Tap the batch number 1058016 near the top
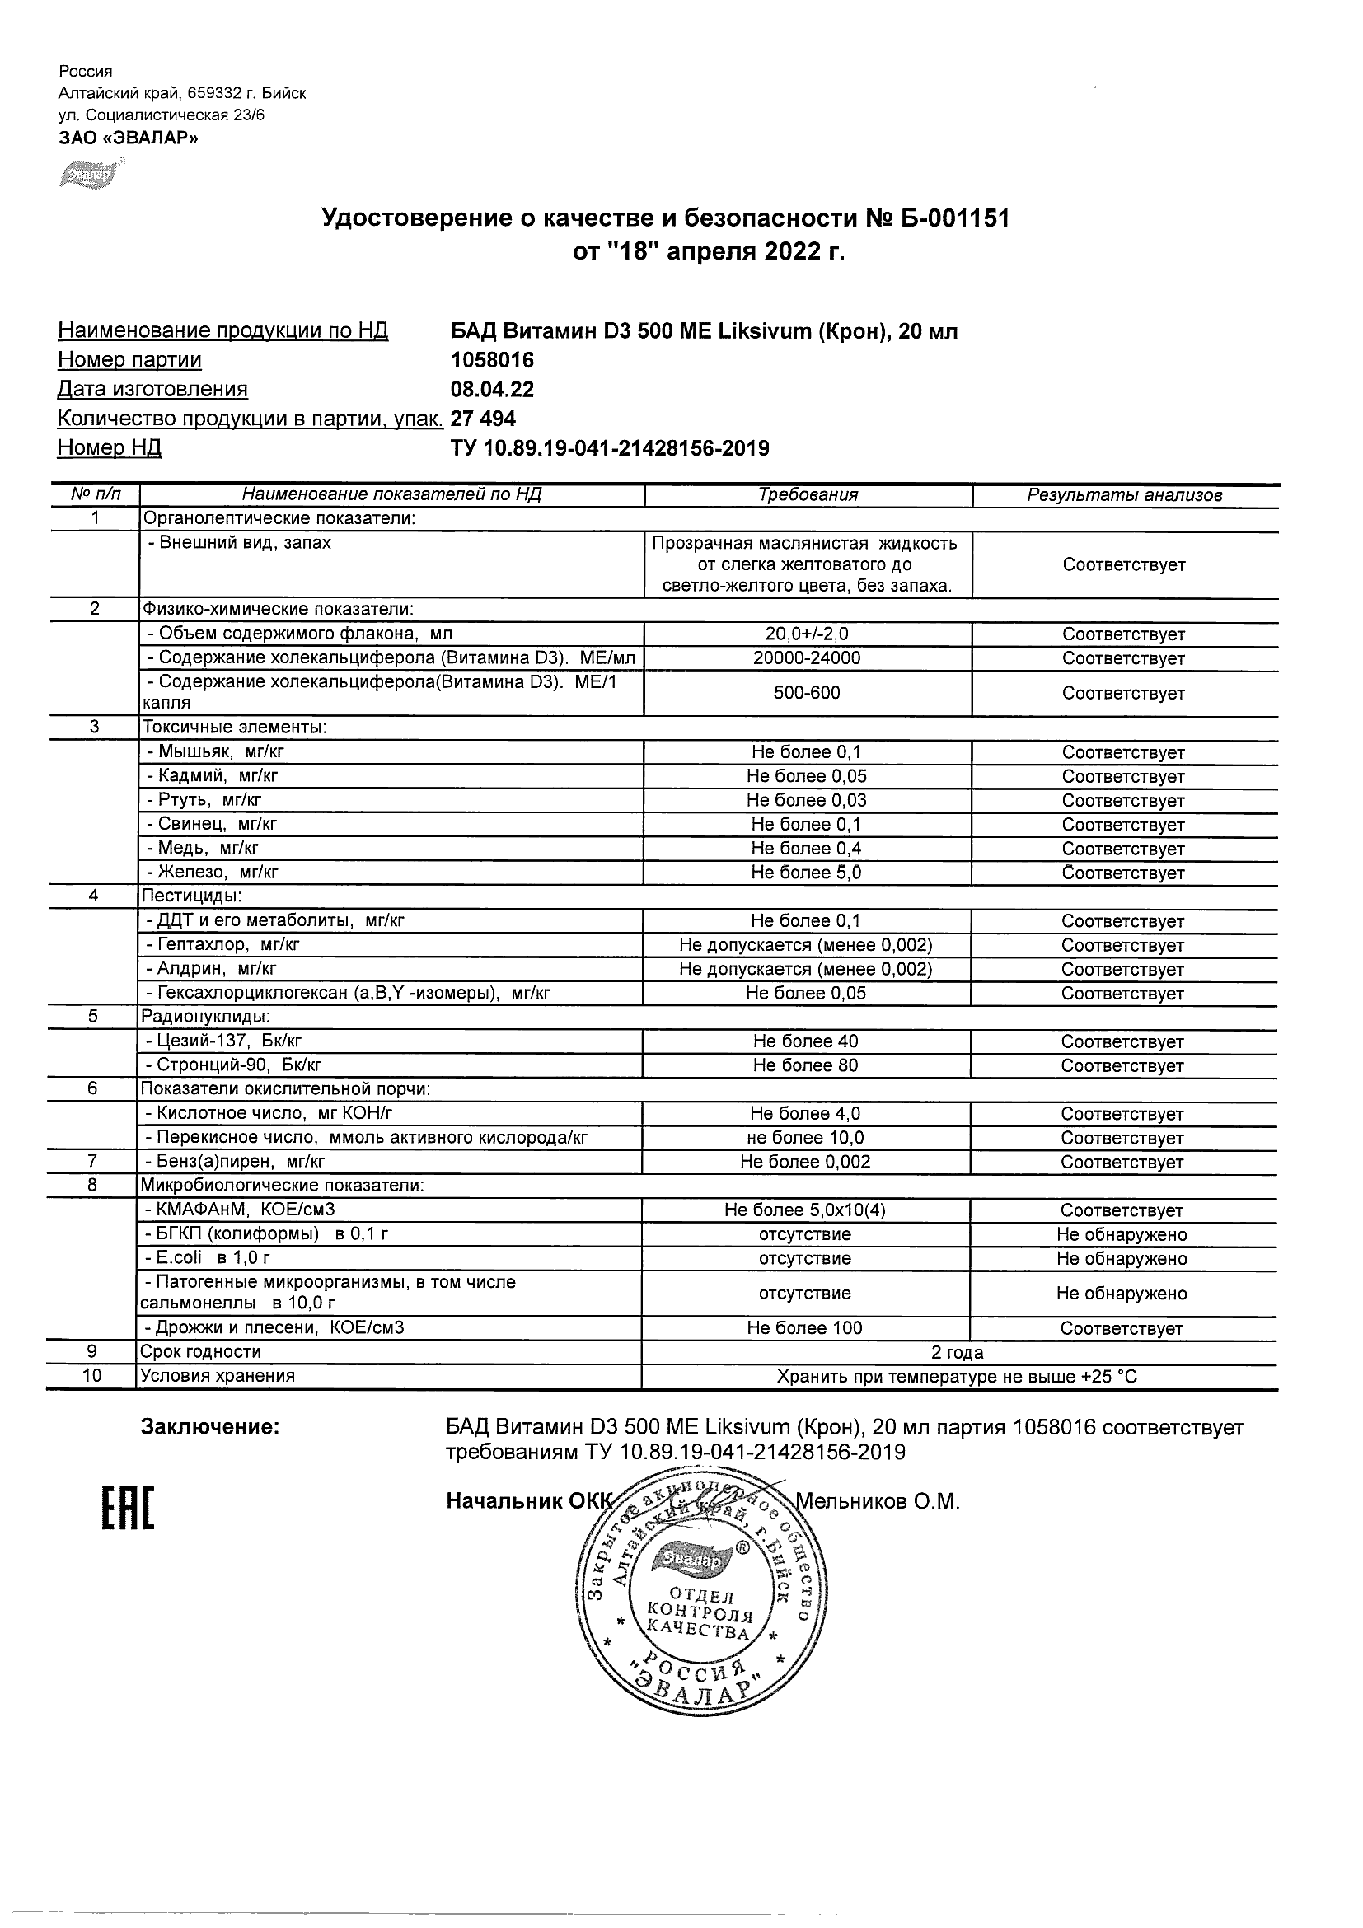pos(492,360)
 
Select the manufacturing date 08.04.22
pos(492,390)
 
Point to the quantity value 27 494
pos(483,419)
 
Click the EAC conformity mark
pos(129,1508)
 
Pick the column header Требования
pos(808,495)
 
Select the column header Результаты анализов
pos(1125,495)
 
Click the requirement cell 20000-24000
pos(806,658)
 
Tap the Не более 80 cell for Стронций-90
pos(805,1065)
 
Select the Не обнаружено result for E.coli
pos(1122,1259)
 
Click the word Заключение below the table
pos(210,1428)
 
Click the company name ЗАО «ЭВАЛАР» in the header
pos(129,138)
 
